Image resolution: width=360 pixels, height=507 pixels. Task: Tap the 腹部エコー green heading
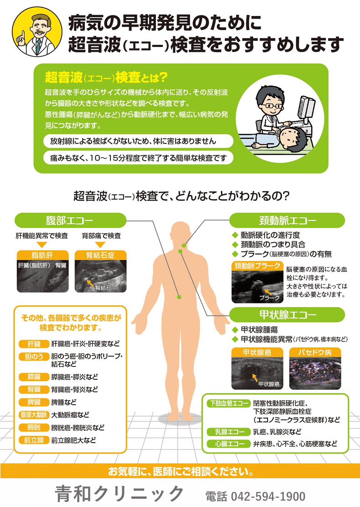click(70, 220)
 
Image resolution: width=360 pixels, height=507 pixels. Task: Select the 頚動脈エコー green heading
click(287, 220)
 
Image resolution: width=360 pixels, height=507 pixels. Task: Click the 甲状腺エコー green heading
click(287, 315)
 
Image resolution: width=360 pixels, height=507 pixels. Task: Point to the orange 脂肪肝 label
click(42, 255)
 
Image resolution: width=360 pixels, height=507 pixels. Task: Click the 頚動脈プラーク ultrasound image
click(257, 283)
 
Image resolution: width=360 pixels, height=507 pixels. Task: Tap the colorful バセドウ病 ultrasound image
click(315, 370)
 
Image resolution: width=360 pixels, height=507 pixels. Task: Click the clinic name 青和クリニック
click(120, 494)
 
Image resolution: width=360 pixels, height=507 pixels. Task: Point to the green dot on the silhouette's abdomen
click(179, 297)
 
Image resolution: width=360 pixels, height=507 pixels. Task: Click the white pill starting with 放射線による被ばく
click(138, 141)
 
